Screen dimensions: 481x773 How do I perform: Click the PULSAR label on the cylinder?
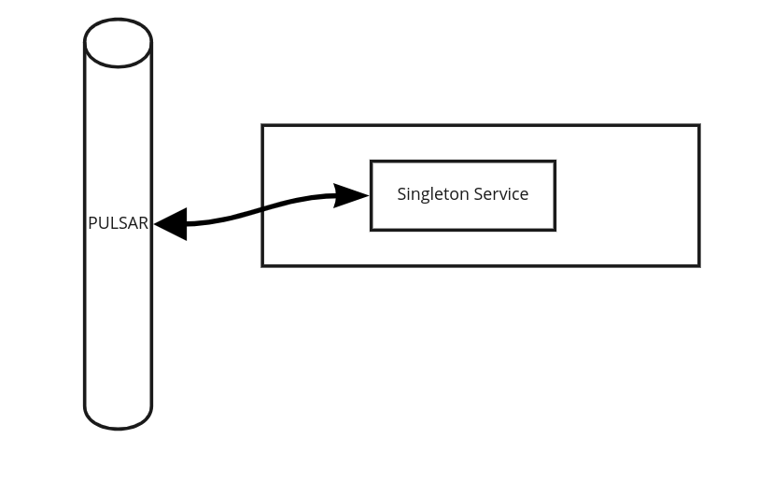[x=118, y=223]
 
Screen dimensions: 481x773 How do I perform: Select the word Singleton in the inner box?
[x=432, y=194]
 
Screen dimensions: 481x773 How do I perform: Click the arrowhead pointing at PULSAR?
[x=170, y=224]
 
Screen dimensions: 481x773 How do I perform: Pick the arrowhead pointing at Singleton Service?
[x=353, y=195]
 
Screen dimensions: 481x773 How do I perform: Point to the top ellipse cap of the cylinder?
[x=118, y=43]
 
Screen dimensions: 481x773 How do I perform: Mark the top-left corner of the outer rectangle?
[x=262, y=125]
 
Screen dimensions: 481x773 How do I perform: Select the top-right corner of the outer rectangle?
[x=699, y=125]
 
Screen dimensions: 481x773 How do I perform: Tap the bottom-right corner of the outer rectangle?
[x=699, y=266]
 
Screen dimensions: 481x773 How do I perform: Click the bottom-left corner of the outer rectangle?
[x=262, y=266]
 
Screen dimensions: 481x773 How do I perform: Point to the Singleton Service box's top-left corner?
[x=372, y=162]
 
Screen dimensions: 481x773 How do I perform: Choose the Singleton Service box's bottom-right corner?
[x=555, y=230]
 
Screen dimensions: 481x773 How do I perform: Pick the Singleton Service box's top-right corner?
[x=555, y=162]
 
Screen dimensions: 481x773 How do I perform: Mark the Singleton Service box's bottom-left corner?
[x=372, y=230]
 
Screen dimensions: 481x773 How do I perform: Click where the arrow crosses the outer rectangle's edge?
[x=262, y=210]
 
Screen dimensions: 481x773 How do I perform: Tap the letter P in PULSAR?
[x=92, y=223]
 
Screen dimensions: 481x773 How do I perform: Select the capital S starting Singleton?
[x=402, y=194]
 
